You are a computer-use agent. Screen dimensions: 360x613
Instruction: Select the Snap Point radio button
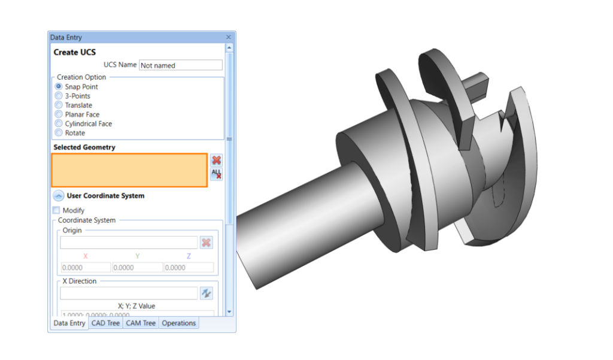(x=59, y=87)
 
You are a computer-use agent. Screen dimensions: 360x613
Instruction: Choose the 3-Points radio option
(x=59, y=96)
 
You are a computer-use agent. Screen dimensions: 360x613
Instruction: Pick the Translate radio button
(x=59, y=105)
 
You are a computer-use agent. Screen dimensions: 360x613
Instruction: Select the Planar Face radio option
(x=59, y=114)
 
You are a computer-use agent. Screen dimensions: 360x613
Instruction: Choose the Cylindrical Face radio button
(x=59, y=124)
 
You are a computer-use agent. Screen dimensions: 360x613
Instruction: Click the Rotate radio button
(x=59, y=133)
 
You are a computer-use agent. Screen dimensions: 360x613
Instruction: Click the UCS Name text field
(x=180, y=65)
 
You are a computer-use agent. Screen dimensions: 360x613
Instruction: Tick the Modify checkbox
(x=56, y=210)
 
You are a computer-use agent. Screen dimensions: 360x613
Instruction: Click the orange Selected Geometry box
(x=129, y=170)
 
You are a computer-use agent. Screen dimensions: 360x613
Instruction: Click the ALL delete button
(x=216, y=174)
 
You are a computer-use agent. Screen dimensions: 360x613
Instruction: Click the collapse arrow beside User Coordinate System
(x=58, y=195)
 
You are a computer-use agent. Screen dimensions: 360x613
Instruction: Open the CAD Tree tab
(x=105, y=323)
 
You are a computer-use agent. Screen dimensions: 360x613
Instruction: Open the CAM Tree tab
(x=141, y=323)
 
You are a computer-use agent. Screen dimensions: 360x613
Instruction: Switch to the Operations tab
(x=178, y=323)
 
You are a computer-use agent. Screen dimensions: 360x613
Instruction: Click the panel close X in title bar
(x=228, y=37)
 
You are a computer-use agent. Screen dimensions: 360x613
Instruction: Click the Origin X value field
(x=86, y=268)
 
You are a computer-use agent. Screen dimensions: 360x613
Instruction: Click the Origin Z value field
(x=189, y=268)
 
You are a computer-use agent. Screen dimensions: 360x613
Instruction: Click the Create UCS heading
(x=75, y=52)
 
